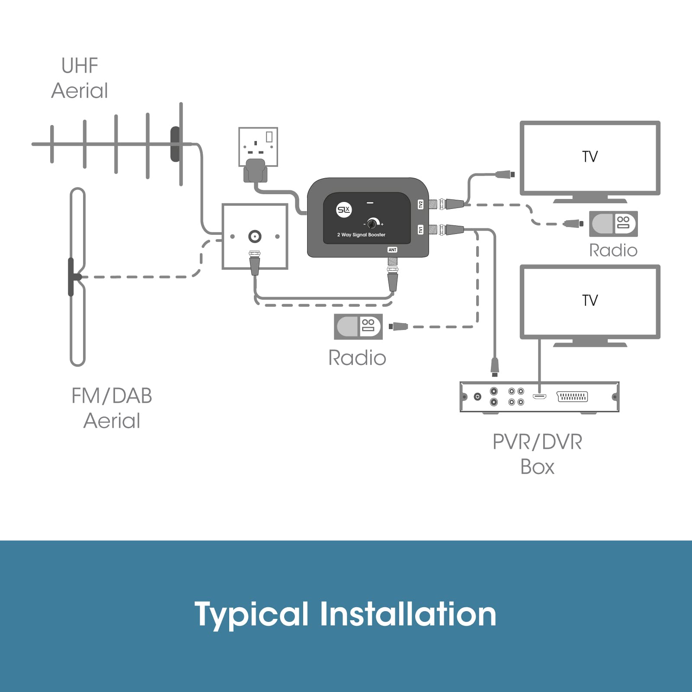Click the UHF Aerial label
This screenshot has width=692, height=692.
[x=80, y=78]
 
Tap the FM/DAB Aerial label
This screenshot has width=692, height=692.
[x=112, y=408]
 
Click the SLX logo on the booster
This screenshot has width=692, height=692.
[x=344, y=210]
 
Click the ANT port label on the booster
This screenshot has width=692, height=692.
[x=392, y=250]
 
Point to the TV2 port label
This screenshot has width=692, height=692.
[x=420, y=204]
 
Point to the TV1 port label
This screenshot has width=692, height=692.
[x=420, y=229]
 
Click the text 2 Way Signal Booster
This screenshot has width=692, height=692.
[x=361, y=235]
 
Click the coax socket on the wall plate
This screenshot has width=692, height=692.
[x=255, y=236]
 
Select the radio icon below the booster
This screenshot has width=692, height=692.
[x=358, y=327]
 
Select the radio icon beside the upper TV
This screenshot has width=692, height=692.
[x=613, y=224]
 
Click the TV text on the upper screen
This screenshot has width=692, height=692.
[x=590, y=157]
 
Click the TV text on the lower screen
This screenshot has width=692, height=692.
[x=590, y=300]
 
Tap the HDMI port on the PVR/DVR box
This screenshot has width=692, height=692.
[x=539, y=396]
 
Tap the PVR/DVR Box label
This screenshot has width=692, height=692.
[x=537, y=454]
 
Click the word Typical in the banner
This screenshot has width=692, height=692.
[x=251, y=615]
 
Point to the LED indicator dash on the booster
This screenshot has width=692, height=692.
[x=370, y=202]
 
